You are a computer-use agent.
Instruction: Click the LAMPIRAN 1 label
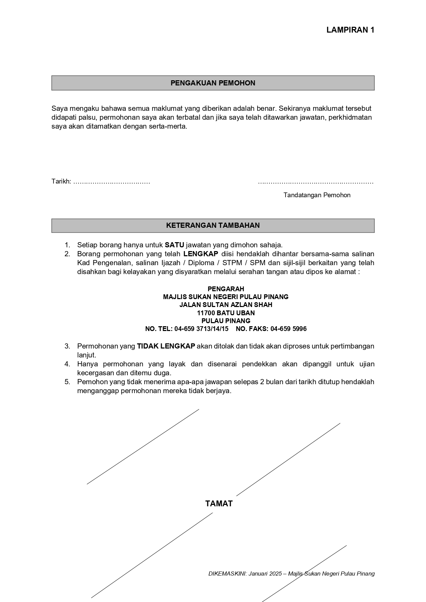point(350,30)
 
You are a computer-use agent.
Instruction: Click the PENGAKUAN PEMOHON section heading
point(213,83)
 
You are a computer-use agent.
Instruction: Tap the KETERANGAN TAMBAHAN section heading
point(213,225)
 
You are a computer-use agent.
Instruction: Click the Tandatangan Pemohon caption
point(317,195)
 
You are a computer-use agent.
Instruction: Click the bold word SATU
point(174,245)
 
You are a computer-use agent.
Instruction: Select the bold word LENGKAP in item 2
point(201,254)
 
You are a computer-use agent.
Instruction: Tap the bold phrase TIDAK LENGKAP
point(166,346)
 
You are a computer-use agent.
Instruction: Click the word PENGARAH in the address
point(226,289)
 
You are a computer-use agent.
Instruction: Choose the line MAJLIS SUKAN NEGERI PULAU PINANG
point(226,297)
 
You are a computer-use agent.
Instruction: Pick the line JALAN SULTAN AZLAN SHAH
point(226,305)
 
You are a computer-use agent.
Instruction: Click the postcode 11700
point(205,313)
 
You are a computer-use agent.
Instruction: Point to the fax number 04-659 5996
point(288,329)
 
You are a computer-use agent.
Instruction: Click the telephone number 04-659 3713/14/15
point(201,329)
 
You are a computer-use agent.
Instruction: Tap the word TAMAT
point(219,504)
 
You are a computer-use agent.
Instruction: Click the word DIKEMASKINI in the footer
point(227,574)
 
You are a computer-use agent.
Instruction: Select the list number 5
point(67,382)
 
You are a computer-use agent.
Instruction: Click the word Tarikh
point(61,181)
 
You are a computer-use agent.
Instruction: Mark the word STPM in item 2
point(232,263)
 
